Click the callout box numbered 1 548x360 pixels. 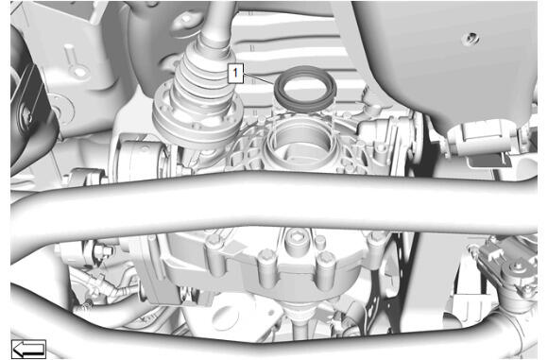tap(235, 74)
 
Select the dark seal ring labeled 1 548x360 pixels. tap(306, 103)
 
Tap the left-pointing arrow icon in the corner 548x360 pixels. tap(28, 349)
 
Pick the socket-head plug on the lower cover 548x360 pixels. tap(296, 240)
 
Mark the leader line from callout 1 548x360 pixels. tap(259, 79)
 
